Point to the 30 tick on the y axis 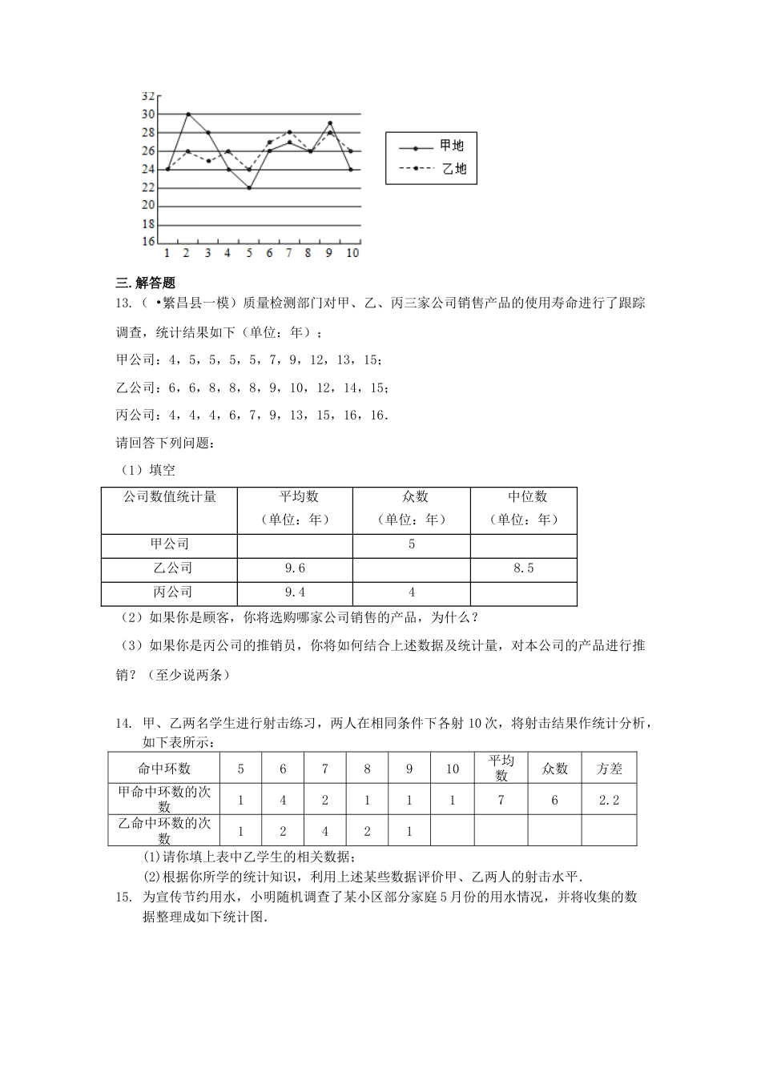(148, 114)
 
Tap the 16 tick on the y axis (148, 242)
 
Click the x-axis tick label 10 (352, 253)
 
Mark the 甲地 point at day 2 (187, 114)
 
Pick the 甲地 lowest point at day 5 (249, 188)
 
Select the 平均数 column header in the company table (295, 497)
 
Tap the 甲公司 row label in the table (170, 544)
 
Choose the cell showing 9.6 (295, 568)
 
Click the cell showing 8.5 (523, 568)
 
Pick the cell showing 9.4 (295, 592)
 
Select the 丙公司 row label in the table (170, 592)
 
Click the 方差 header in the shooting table (609, 769)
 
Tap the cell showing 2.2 (609, 800)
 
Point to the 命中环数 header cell (164, 769)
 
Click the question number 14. (123, 725)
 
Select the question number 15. (123, 897)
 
